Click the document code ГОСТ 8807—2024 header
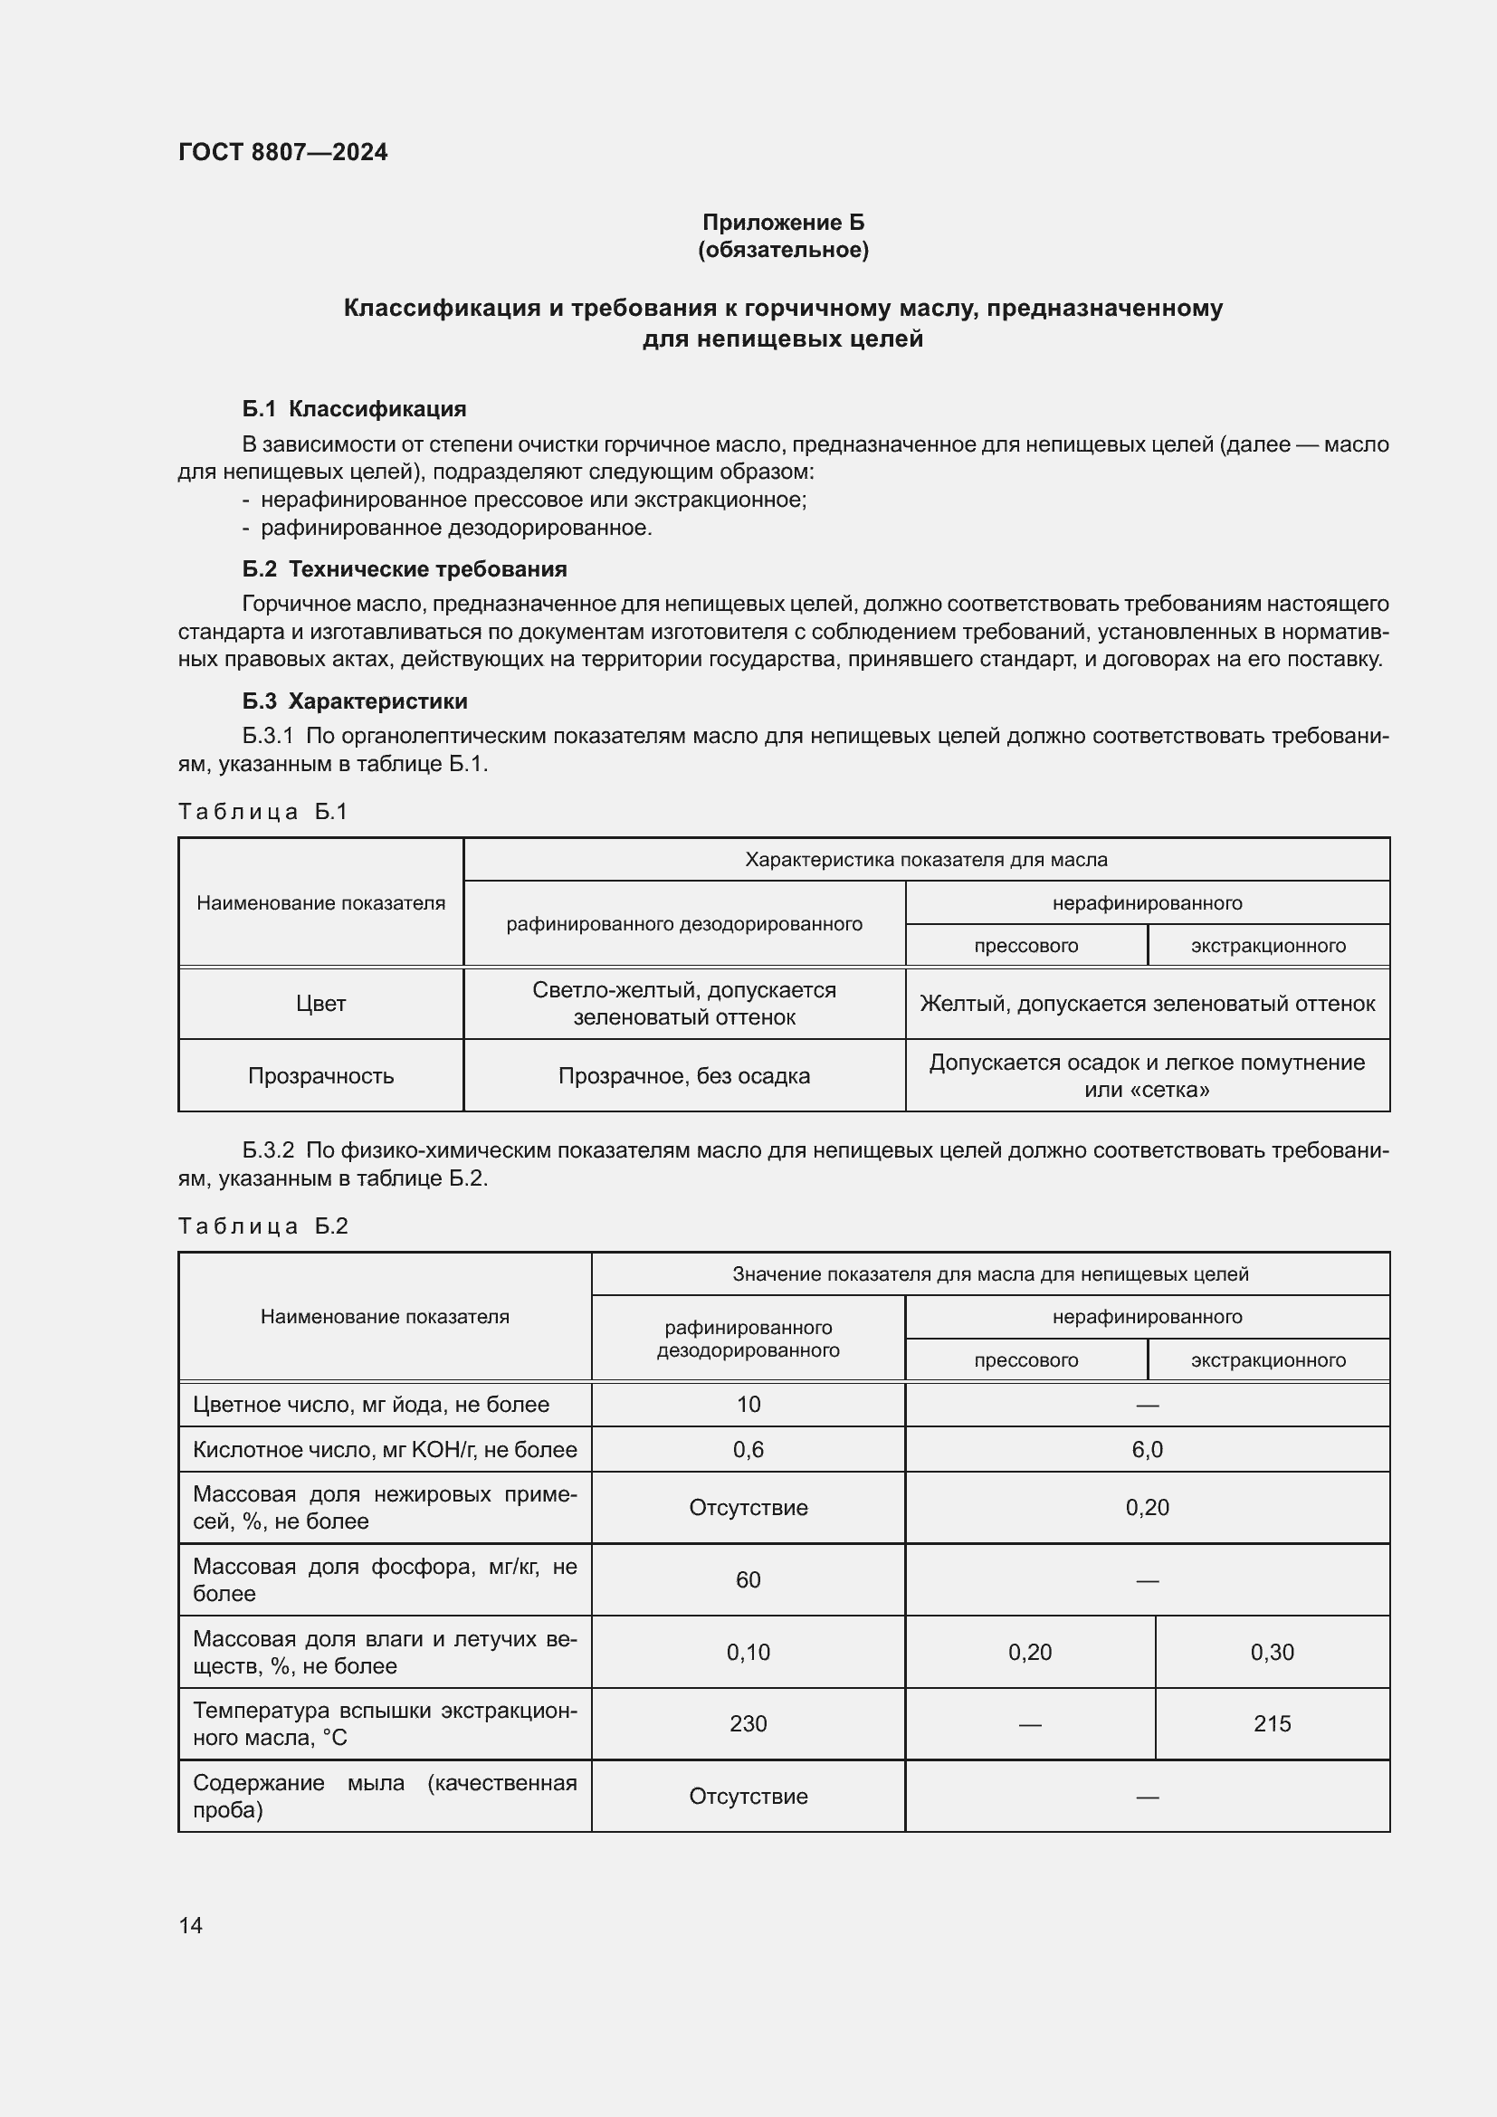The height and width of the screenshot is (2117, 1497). (x=282, y=152)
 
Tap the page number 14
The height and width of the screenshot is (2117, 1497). (x=191, y=1924)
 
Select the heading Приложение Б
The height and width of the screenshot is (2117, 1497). (x=783, y=223)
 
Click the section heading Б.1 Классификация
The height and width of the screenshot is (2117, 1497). (x=354, y=408)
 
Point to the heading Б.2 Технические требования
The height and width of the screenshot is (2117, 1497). (x=404, y=569)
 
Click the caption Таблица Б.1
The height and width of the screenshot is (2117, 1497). (x=262, y=811)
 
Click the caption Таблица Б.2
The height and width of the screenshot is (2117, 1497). (x=262, y=1225)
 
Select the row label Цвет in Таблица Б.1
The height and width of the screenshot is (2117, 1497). (x=320, y=1003)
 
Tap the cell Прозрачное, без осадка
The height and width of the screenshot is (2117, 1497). (x=684, y=1075)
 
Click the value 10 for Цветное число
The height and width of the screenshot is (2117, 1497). (x=748, y=1405)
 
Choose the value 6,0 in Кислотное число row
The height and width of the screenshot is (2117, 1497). (x=1147, y=1449)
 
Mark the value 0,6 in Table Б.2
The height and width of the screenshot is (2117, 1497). (x=748, y=1449)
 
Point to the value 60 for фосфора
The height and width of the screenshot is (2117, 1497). (x=748, y=1579)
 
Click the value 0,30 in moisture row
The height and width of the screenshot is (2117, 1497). (x=1271, y=1653)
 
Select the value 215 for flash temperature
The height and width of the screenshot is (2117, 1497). (x=1271, y=1723)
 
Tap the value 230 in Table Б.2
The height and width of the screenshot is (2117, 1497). (x=748, y=1723)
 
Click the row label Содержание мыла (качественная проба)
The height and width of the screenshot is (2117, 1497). (x=385, y=1796)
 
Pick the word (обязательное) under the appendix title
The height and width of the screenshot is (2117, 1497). (x=783, y=250)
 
